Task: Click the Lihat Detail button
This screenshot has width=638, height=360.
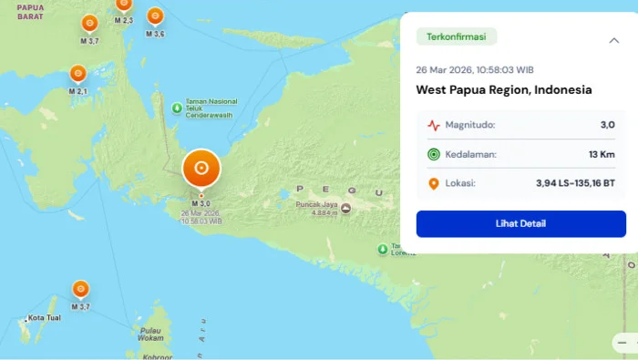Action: (520, 223)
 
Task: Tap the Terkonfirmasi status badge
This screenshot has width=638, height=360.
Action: (457, 37)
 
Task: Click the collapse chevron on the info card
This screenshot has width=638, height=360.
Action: (613, 40)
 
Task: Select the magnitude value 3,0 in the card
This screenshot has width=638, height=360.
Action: (607, 125)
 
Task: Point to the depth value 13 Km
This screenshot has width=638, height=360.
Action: (601, 154)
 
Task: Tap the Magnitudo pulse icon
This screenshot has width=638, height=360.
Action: (433, 125)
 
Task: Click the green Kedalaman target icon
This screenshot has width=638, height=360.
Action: (433, 154)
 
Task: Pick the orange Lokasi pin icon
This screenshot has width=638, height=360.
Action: (433, 183)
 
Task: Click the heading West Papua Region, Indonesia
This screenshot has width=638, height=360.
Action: (504, 90)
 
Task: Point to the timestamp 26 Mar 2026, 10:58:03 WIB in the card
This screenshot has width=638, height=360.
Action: (475, 69)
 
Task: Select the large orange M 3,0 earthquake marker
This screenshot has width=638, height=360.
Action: (201, 169)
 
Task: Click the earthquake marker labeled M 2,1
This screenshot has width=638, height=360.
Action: (78, 74)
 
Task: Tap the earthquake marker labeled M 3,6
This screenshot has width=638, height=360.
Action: (155, 16)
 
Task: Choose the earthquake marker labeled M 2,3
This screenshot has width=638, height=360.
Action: (124, 5)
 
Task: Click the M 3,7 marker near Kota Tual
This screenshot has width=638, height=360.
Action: (81, 290)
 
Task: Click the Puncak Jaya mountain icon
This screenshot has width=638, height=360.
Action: (345, 209)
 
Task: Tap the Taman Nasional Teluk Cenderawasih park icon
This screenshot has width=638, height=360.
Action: (177, 109)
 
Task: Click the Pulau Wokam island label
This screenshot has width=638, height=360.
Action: (151, 334)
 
